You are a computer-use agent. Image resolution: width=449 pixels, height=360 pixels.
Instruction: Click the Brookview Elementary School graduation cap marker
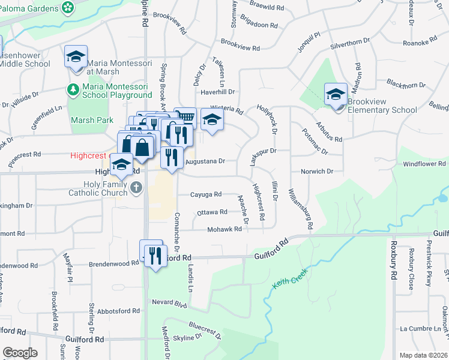pyautogui.click(x=336, y=94)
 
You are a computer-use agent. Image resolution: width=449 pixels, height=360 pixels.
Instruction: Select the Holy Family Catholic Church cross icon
pyautogui.click(x=136, y=188)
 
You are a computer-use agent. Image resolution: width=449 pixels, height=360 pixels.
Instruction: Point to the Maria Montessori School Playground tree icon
pyautogui.click(x=73, y=90)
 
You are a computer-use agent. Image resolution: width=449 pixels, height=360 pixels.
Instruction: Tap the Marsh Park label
pyautogui.click(x=92, y=120)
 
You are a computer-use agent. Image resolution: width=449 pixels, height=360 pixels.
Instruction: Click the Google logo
pyautogui.click(x=20, y=353)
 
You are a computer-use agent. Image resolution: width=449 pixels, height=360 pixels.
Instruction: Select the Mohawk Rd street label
pyautogui.click(x=224, y=229)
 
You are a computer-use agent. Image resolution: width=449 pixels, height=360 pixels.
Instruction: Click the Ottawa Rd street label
pyautogui.click(x=212, y=212)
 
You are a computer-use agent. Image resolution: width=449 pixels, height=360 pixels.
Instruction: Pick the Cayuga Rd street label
pyautogui.click(x=206, y=194)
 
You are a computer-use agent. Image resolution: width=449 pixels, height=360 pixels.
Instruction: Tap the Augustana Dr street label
pyautogui.click(x=205, y=161)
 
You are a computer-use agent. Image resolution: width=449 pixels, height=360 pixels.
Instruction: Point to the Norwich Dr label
pyautogui.click(x=317, y=172)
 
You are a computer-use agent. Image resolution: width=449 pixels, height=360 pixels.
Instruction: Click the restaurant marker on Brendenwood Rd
pyautogui.click(x=155, y=255)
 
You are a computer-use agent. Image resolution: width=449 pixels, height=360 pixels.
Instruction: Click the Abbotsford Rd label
pyautogui.click(x=118, y=311)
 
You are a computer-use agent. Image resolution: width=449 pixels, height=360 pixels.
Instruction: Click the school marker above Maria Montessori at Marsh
pyautogui.click(x=76, y=56)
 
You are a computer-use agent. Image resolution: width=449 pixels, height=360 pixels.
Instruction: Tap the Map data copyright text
pyautogui.click(x=423, y=355)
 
